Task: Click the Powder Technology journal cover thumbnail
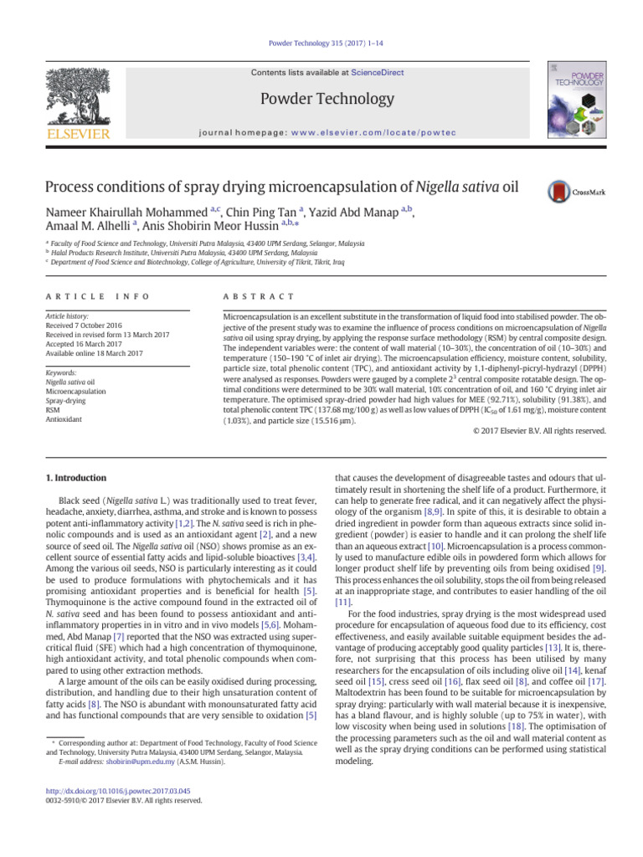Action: [569, 98]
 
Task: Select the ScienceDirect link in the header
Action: [378, 73]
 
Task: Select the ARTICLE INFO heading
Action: [81, 297]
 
